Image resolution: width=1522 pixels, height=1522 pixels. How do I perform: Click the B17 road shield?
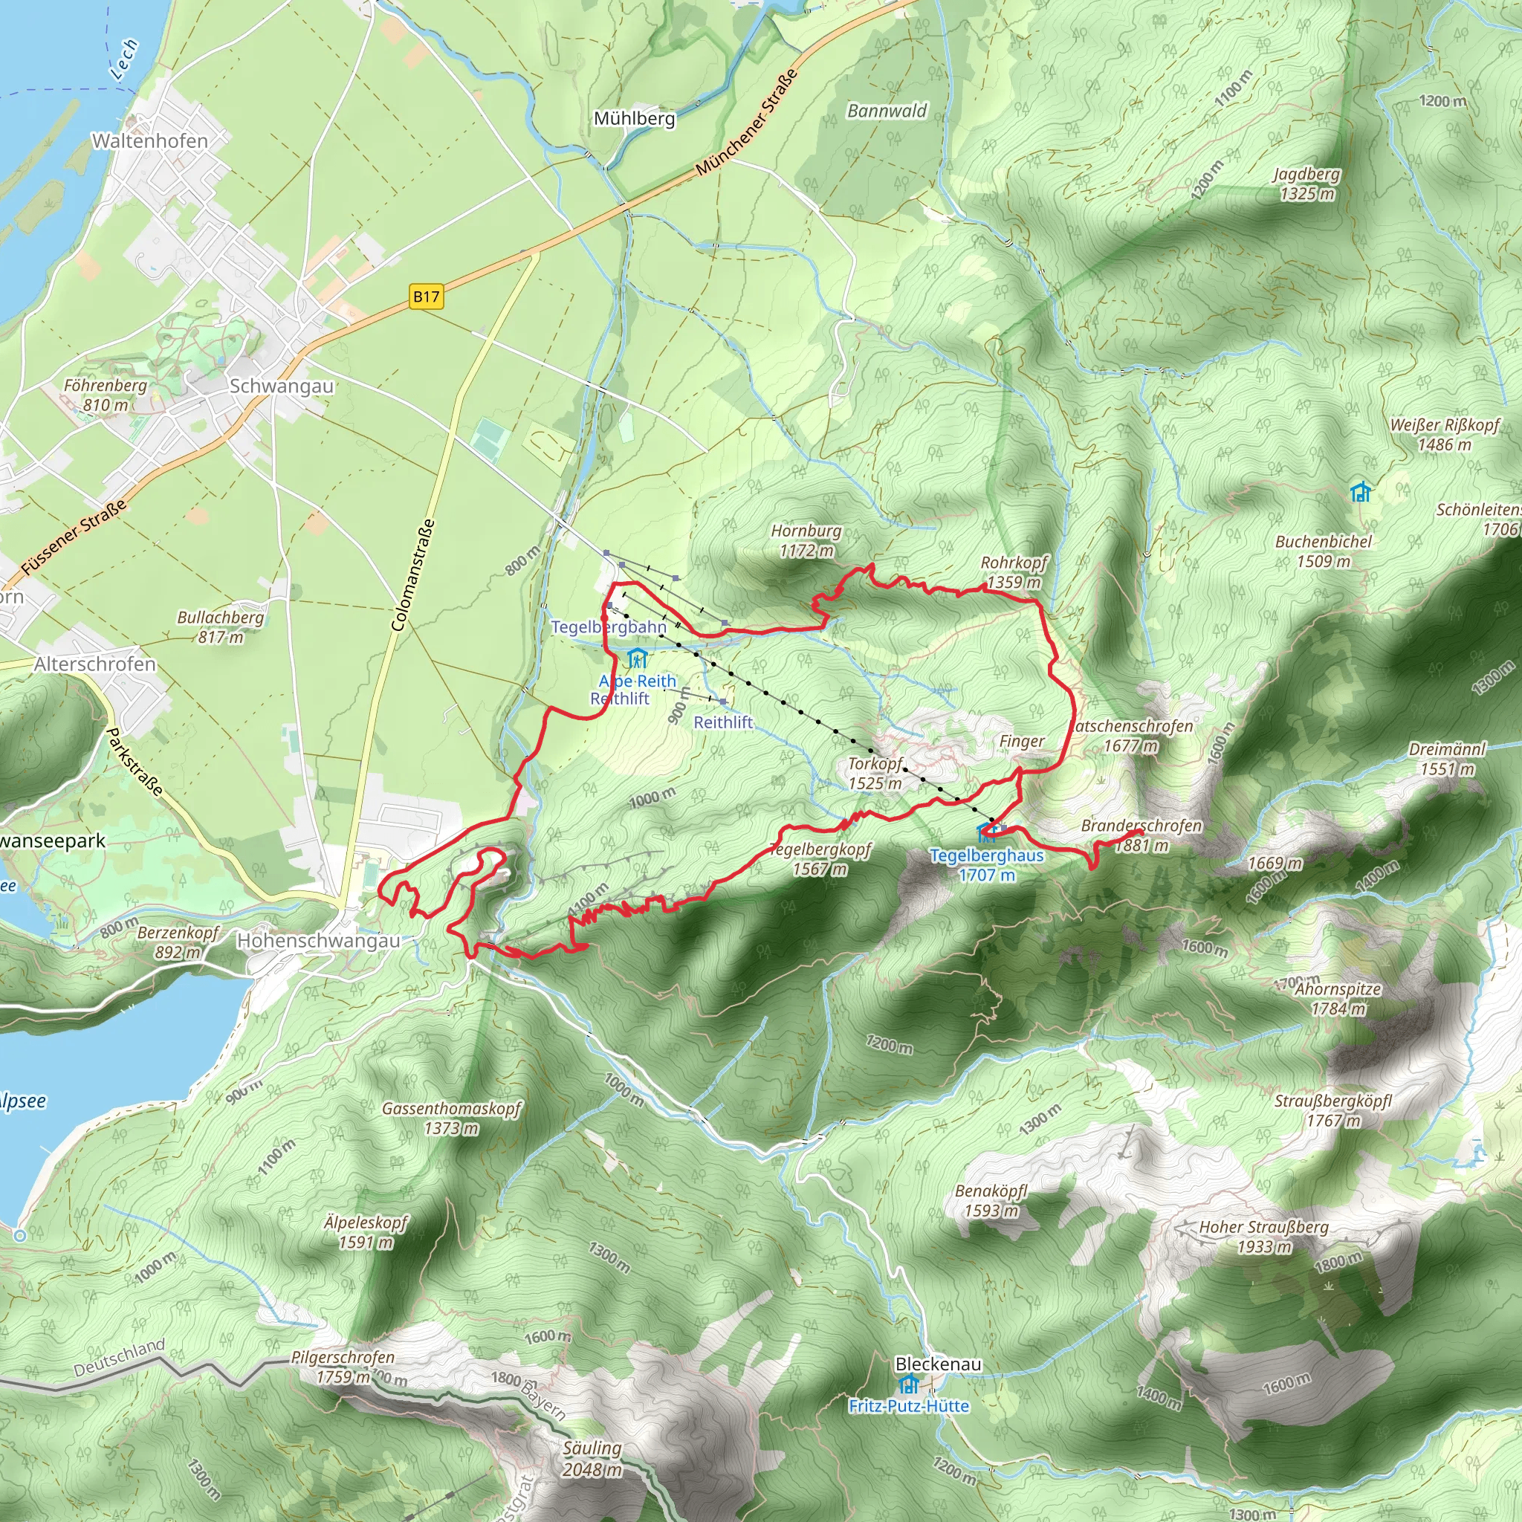[426, 297]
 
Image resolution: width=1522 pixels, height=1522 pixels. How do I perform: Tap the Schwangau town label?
[281, 386]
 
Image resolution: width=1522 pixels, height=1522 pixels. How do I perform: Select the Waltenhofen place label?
[149, 141]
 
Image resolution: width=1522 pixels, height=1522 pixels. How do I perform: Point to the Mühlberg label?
[634, 118]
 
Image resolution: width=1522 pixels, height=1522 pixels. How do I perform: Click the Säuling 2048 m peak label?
[592, 1458]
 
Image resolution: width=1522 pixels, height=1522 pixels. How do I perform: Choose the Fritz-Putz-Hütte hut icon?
[908, 1384]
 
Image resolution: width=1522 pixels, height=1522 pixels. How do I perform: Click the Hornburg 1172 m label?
[806, 540]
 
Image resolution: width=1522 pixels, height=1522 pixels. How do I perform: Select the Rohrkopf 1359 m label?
[1013, 572]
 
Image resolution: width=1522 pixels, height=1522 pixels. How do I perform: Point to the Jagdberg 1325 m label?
[1307, 184]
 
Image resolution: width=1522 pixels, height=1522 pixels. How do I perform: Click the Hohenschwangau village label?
[318, 941]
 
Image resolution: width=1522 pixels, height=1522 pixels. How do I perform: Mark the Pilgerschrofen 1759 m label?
[343, 1367]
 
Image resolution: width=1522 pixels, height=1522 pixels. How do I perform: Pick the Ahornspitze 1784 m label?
[1338, 998]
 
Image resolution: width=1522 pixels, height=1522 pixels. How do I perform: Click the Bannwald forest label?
[887, 111]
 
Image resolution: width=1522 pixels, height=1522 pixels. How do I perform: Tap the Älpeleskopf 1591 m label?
[366, 1232]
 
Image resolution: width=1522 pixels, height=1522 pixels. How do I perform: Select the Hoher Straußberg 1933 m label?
[1263, 1236]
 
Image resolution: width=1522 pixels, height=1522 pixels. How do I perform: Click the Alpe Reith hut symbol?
[638, 658]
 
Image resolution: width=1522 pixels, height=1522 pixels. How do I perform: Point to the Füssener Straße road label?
[73, 538]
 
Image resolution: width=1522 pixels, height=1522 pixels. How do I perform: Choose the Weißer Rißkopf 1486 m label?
[1445, 434]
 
